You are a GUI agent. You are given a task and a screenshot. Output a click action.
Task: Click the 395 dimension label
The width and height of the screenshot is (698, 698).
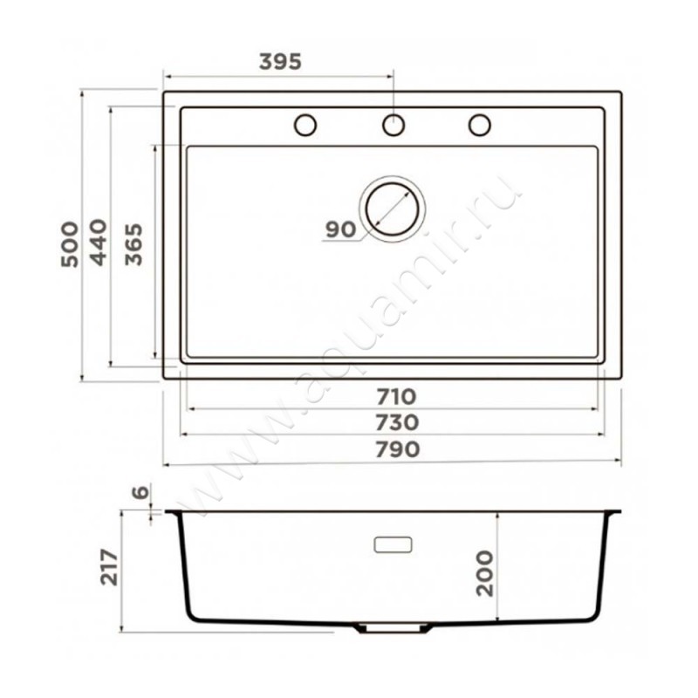click(x=280, y=62)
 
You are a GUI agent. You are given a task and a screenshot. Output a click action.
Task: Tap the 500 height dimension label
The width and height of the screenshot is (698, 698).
click(x=70, y=244)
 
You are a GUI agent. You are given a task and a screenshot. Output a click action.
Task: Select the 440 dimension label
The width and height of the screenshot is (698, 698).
click(x=99, y=243)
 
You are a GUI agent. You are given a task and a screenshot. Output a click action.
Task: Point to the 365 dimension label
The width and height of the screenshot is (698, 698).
click(x=133, y=244)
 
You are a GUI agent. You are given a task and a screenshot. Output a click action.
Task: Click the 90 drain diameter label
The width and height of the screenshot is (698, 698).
click(x=341, y=229)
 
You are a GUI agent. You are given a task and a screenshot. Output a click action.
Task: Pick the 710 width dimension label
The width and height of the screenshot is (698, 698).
click(x=396, y=397)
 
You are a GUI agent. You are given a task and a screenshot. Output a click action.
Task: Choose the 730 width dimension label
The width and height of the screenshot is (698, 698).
click(x=397, y=422)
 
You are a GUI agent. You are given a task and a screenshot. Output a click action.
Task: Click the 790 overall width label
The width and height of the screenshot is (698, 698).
click(x=398, y=449)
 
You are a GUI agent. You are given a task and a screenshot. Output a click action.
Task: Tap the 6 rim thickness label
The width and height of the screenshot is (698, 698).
click(x=140, y=492)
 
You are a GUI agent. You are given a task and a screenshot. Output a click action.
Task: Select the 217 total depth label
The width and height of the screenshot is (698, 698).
click(x=109, y=567)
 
